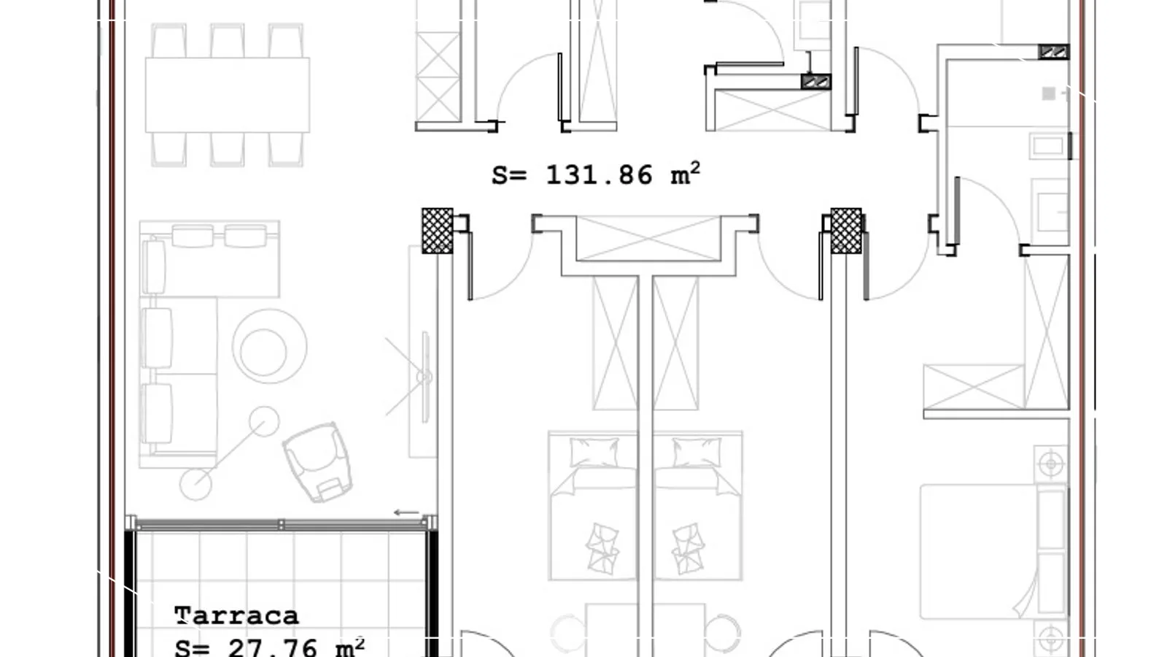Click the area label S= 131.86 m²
[596, 174]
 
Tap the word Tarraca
[236, 616]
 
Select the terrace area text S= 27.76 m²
[269, 647]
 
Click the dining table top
[228, 95]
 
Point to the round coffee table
[269, 346]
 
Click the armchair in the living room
[318, 462]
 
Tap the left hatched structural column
[437, 231]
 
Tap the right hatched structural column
[846, 231]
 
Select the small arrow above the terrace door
[406, 512]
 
